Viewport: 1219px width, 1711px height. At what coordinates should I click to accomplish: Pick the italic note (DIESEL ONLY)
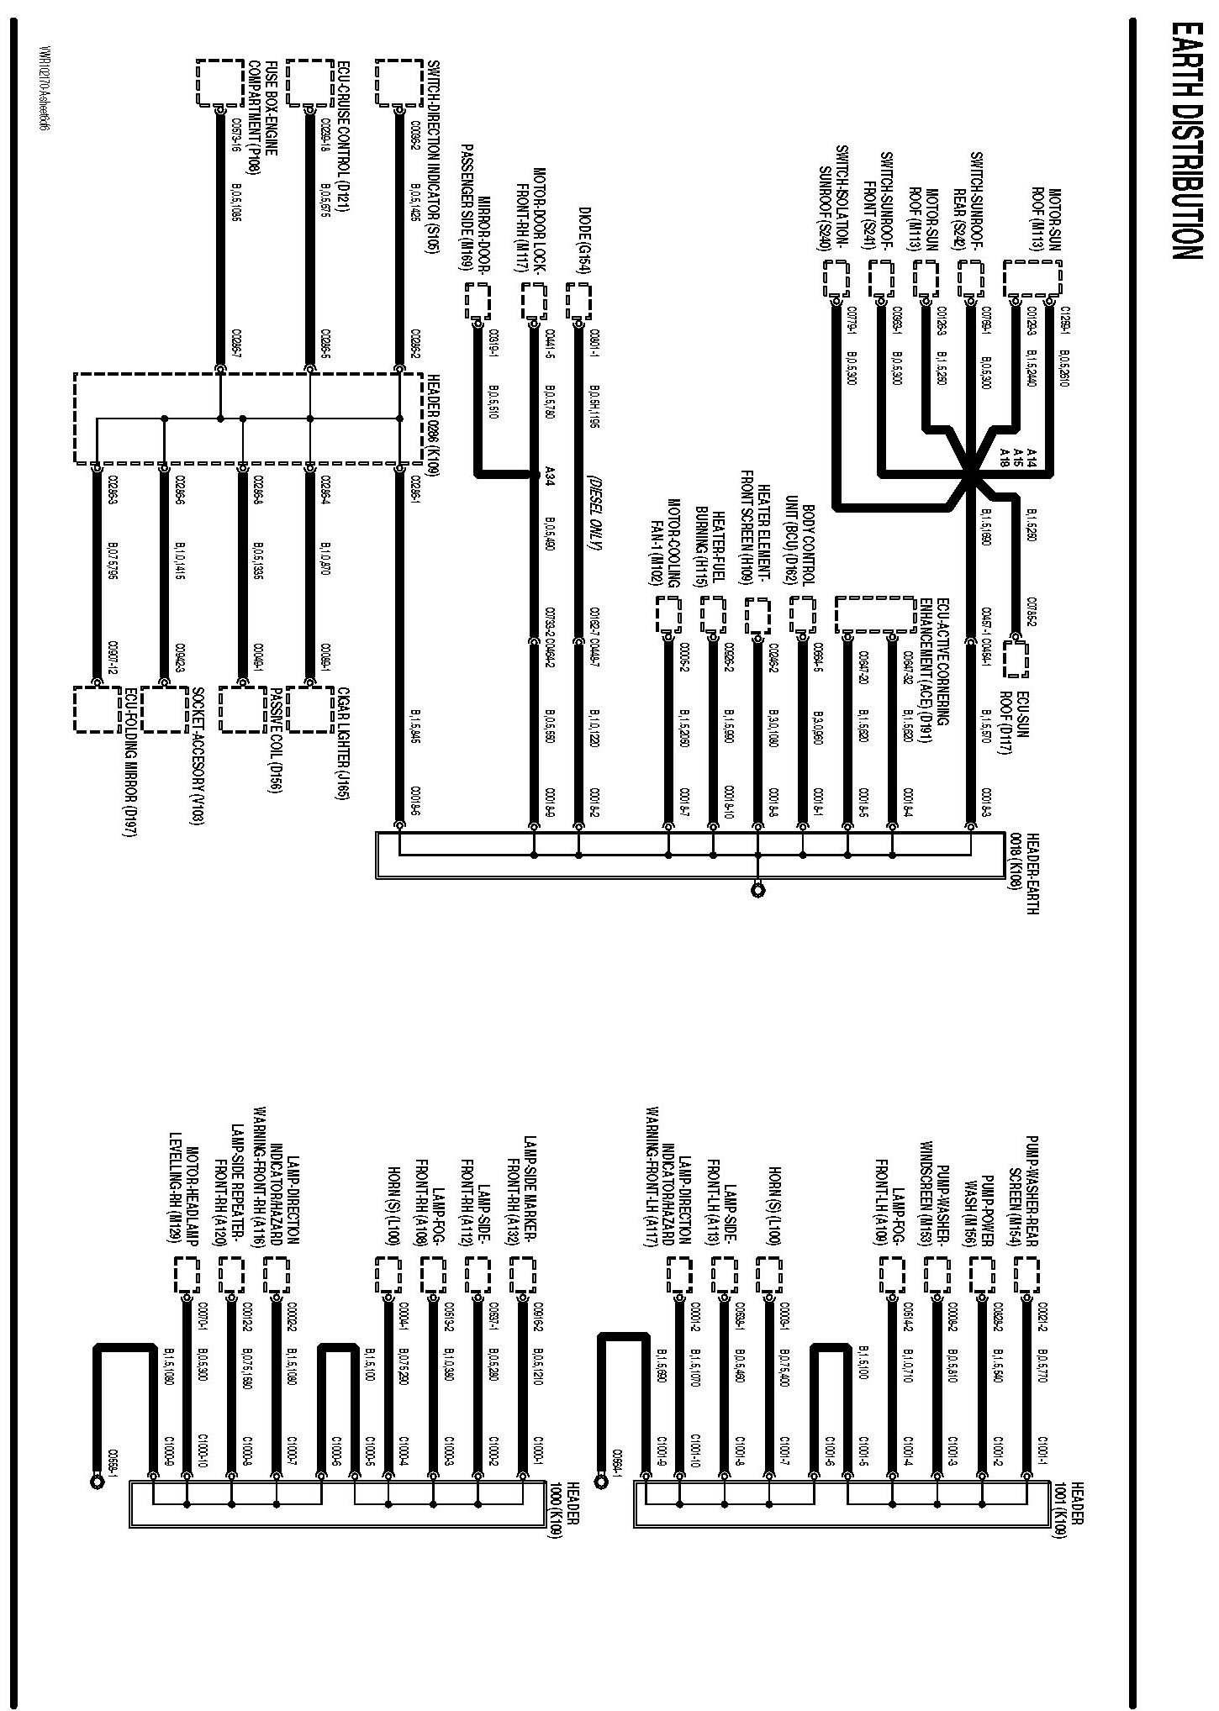[x=594, y=512]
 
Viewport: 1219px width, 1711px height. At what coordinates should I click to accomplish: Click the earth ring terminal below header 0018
[x=758, y=889]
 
